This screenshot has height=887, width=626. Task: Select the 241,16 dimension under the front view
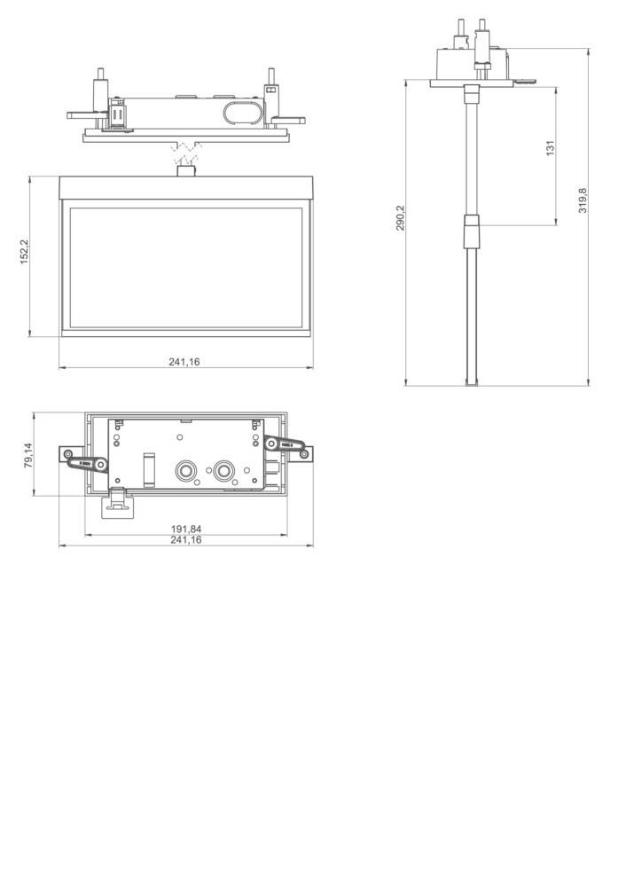click(184, 361)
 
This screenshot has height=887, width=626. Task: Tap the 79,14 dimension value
click(27, 456)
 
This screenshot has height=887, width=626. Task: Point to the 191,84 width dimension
click(185, 530)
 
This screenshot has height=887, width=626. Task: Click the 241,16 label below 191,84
click(185, 539)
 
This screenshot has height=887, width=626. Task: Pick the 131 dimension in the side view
click(550, 149)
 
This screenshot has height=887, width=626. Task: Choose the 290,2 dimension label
click(400, 218)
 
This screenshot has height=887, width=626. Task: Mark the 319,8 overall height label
click(582, 200)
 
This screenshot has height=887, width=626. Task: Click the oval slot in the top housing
click(242, 113)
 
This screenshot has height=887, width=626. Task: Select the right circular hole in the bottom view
click(223, 470)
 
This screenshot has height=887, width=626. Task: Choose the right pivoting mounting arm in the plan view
click(286, 446)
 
